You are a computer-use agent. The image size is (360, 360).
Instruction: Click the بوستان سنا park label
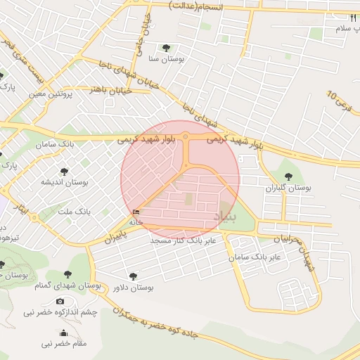(167, 60)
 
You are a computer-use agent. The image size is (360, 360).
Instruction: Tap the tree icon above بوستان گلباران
(287, 176)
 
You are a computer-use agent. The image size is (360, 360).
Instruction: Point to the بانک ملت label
(74, 211)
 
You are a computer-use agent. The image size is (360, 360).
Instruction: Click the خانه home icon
(136, 212)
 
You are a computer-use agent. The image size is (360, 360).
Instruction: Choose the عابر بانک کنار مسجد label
(187, 240)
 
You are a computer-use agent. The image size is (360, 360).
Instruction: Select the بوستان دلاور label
(133, 288)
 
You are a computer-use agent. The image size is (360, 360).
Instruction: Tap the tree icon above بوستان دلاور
(133, 276)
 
